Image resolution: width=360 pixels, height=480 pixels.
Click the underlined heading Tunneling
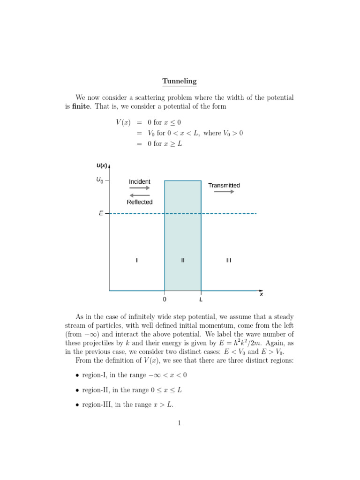pyautogui.click(x=180, y=82)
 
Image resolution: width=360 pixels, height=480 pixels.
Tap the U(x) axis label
pyautogui.click(x=102, y=165)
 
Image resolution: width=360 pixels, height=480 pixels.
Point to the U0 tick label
pyautogui.click(x=100, y=180)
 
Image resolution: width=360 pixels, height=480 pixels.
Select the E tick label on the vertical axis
pyautogui.click(x=101, y=214)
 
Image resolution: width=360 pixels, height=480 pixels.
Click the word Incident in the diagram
pyautogui.click(x=140, y=181)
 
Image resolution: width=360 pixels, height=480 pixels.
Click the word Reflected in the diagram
pyautogui.click(x=140, y=202)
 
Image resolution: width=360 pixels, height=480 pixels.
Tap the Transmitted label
pyautogui.click(x=224, y=185)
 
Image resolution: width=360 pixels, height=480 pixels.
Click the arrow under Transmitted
pyautogui.click(x=224, y=192)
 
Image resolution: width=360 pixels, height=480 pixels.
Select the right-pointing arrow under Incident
pyautogui.click(x=140, y=188)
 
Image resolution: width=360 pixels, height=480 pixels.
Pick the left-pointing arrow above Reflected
pyautogui.click(x=140, y=195)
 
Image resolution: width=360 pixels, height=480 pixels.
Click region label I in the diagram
pyautogui.click(x=137, y=260)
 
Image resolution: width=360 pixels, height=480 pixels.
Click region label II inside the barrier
pyautogui.click(x=183, y=260)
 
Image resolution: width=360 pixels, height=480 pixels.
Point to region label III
pyautogui.click(x=228, y=260)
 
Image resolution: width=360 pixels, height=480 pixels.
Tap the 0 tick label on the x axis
pyautogui.click(x=165, y=298)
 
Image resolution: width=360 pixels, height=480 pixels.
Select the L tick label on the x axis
pyautogui.click(x=201, y=298)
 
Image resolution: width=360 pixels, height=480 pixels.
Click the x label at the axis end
pyautogui.click(x=262, y=294)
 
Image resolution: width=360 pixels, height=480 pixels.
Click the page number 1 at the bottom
pyautogui.click(x=179, y=423)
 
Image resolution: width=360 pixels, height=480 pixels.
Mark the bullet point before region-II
pyautogui.click(x=77, y=390)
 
